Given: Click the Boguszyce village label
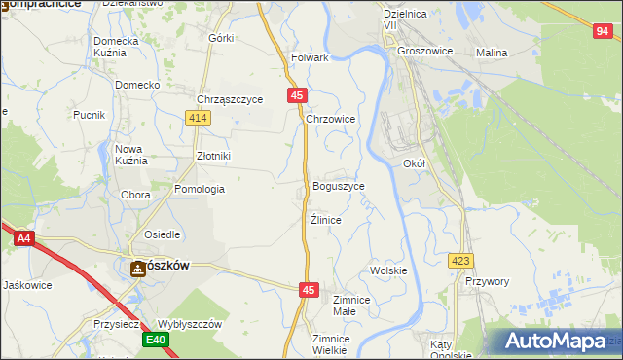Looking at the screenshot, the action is click(339, 186).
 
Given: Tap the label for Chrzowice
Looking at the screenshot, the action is click(331, 119).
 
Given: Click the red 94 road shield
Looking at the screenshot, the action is click(603, 31).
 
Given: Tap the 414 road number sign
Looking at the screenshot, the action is click(199, 118).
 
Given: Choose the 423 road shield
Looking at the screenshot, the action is click(460, 261).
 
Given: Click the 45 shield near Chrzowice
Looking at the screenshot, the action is click(298, 95).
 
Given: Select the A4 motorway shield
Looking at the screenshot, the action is click(23, 236).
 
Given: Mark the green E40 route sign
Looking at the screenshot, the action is click(156, 340).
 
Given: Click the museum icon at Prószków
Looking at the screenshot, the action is click(137, 270).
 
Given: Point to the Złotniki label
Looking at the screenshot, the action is click(213, 156).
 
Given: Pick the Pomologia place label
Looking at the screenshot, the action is click(200, 189).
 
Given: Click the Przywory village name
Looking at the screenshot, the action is click(488, 281).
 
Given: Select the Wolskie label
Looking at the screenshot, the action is click(387, 270).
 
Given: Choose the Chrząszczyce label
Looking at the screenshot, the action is click(230, 99).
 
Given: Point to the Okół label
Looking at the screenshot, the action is click(415, 164).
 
